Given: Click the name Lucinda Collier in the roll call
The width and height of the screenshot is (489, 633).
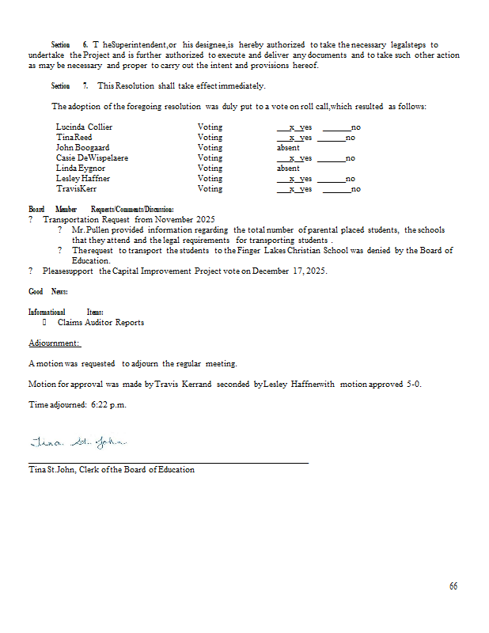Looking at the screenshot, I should [x=84, y=127].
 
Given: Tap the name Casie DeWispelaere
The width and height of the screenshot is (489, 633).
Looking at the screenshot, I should [x=92, y=157].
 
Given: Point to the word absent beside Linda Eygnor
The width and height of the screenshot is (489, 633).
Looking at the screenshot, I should [x=288, y=168].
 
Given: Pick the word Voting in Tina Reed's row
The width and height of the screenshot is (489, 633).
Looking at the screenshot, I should [x=210, y=137].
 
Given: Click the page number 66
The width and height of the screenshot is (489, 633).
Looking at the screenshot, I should [x=453, y=586].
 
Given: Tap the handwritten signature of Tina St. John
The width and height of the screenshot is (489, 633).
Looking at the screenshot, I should [x=78, y=441].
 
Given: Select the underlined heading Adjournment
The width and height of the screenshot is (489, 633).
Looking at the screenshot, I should [x=55, y=343].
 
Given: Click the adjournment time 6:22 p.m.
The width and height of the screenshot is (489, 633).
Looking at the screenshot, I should [x=108, y=404].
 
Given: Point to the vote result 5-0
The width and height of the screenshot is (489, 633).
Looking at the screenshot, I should [x=412, y=384].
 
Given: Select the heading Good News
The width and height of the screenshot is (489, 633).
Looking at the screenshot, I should [x=47, y=292].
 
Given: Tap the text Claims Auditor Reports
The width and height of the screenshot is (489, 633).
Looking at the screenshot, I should [x=100, y=323].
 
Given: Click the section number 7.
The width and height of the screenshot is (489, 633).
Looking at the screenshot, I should [x=85, y=85].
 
